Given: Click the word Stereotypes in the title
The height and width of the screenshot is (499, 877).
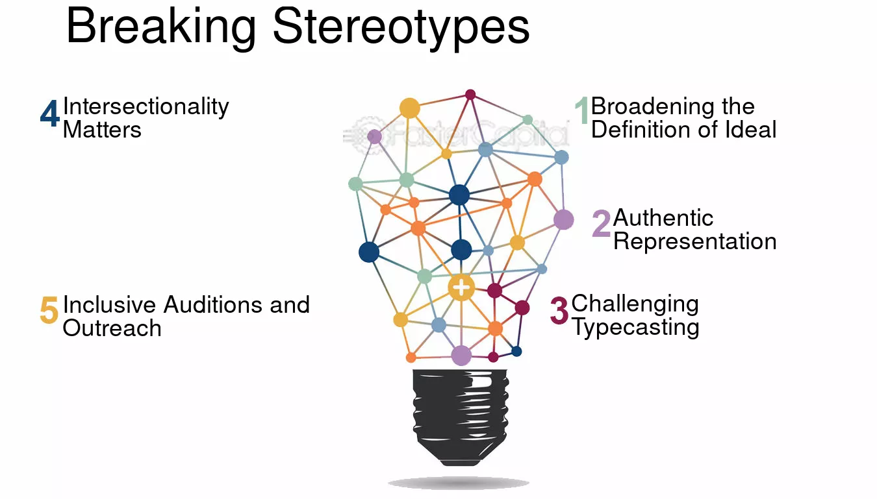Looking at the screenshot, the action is coord(401,28).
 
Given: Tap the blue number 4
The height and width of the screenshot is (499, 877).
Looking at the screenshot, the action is coord(50,113).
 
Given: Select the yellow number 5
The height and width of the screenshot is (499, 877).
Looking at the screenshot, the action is coord(49,310).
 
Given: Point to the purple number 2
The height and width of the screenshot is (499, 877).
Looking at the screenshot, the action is coord(601,223).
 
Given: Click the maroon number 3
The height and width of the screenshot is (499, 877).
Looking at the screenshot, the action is coord(559,311).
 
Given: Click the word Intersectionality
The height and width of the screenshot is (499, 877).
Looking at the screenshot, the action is coord(146,107).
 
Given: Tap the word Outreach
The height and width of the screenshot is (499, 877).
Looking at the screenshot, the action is coord(112,328).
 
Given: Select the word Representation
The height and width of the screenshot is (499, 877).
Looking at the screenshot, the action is coord(695,241).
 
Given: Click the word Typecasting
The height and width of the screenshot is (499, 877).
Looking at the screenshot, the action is coord(636,327).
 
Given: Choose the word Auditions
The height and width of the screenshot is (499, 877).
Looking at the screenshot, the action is coord(213,304).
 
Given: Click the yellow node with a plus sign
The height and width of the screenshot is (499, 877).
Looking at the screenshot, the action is coord(461,287).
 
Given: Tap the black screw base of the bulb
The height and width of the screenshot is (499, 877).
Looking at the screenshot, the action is coord(461,417).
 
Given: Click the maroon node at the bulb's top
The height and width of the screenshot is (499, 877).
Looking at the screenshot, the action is coord(470,95).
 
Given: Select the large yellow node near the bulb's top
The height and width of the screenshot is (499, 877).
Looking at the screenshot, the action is coord(409,108).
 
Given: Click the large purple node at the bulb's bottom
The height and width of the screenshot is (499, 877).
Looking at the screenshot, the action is coord(461,356).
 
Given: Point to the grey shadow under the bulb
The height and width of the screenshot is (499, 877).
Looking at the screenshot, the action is coord(459,483).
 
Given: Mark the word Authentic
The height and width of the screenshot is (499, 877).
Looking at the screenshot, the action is coord(663,218).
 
